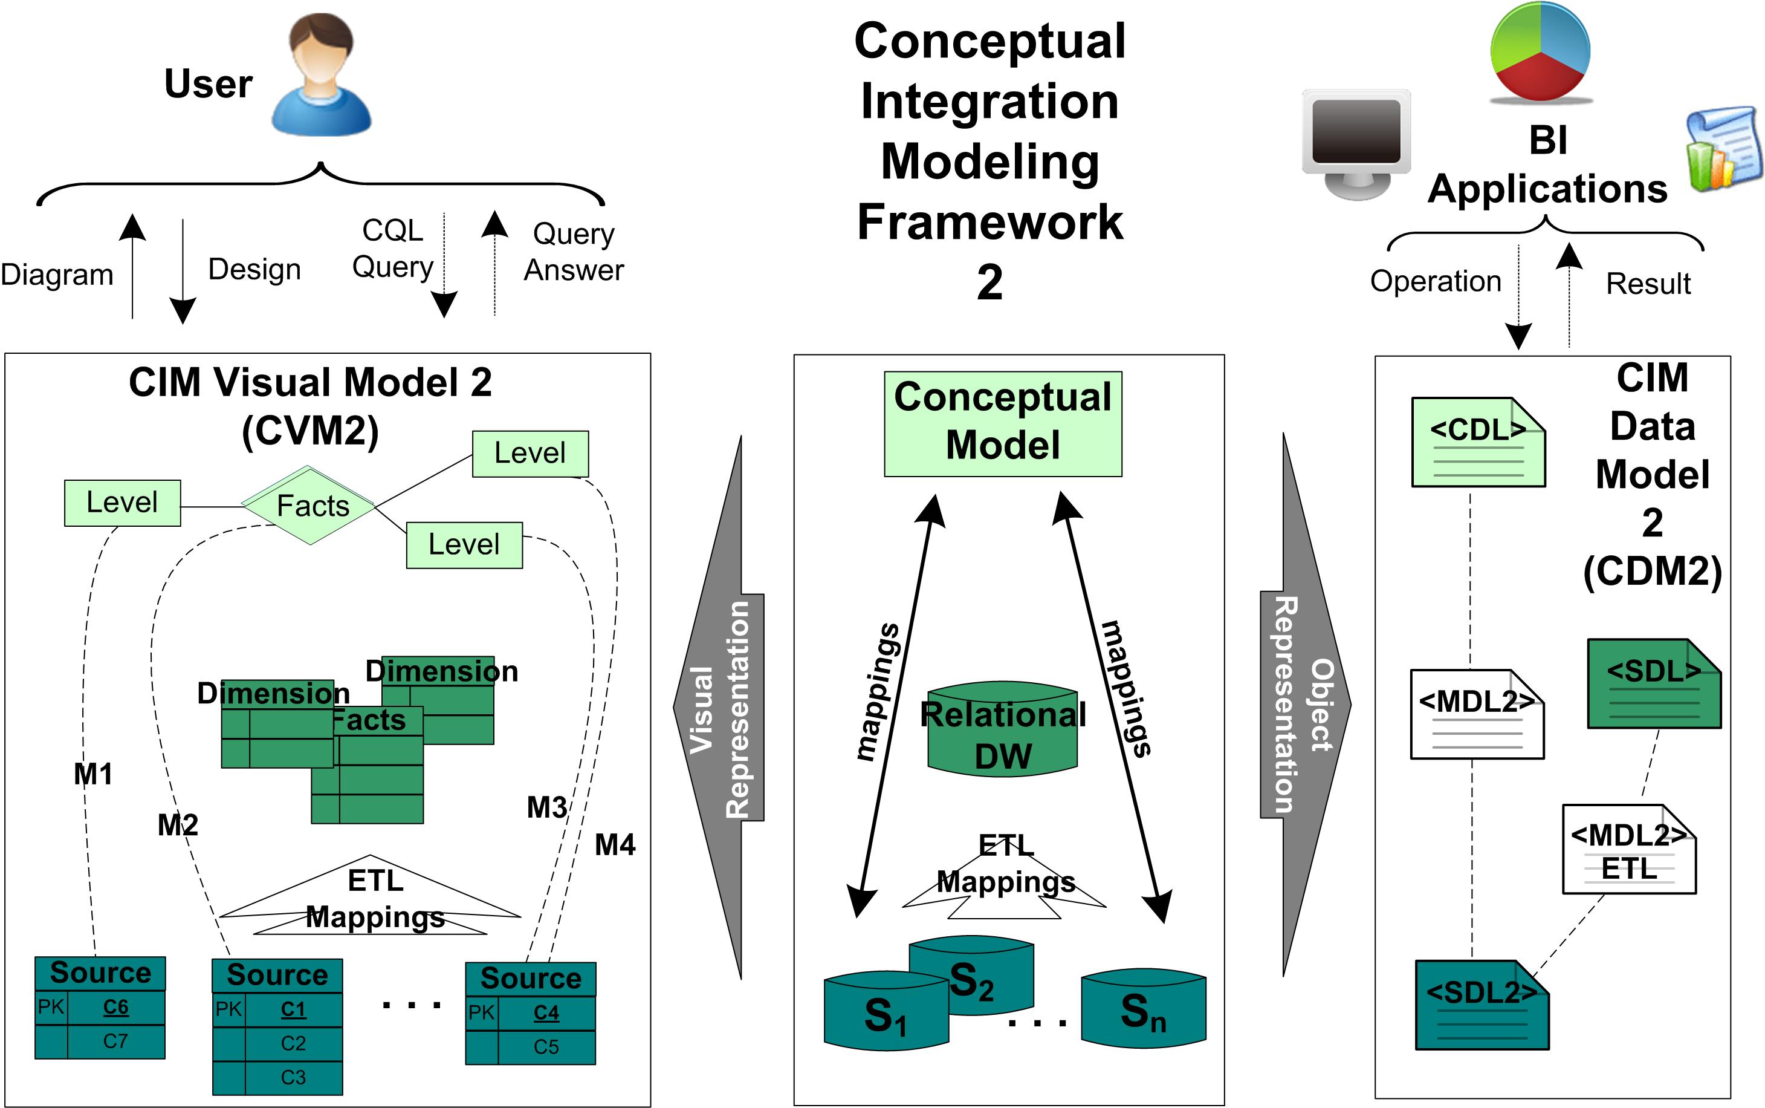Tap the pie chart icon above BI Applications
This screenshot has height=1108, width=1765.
click(x=1540, y=52)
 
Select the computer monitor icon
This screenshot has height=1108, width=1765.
click(x=1356, y=143)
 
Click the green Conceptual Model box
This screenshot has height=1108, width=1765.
click(x=1003, y=423)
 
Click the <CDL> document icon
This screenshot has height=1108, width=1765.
click(x=1478, y=443)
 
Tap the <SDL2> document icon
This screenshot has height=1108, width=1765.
click(x=1482, y=1005)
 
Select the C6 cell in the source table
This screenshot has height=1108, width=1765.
click(x=115, y=1008)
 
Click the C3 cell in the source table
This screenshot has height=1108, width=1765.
click(x=293, y=1077)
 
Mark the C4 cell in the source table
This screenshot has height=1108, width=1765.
click(x=546, y=1012)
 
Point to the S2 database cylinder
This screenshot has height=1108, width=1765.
click(x=972, y=976)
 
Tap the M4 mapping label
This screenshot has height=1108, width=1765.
click(x=615, y=845)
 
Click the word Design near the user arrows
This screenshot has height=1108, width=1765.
click(x=254, y=270)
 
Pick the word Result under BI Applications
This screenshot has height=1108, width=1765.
click(x=1648, y=284)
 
